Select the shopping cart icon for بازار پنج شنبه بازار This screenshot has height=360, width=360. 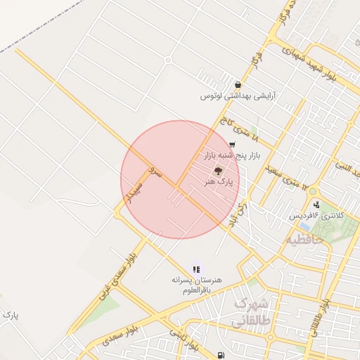[x=231, y=144]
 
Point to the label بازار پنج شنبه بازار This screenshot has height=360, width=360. [x=233, y=154]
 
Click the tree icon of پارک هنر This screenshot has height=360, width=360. [x=217, y=171]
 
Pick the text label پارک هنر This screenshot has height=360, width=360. [x=218, y=181]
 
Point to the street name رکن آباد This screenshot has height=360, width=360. [x=238, y=214]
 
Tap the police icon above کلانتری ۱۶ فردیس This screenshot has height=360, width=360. [x=317, y=205]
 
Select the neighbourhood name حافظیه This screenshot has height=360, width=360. [x=304, y=240]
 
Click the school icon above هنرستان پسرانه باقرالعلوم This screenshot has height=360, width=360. [x=196, y=269]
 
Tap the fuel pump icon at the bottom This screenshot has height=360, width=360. [x=222, y=355]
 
